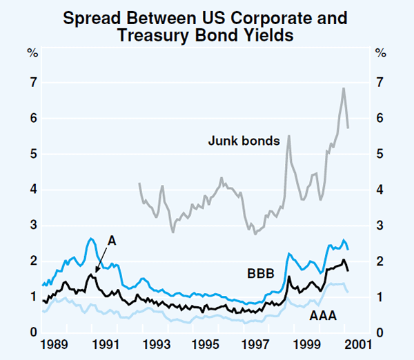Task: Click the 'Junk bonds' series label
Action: coord(244,141)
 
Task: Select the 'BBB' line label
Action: coord(261,274)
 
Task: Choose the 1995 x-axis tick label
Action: coord(205,343)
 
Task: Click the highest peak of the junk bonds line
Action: coord(344,88)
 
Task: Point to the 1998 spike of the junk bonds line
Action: coord(288,136)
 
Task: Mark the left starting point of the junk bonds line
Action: coord(139,183)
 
